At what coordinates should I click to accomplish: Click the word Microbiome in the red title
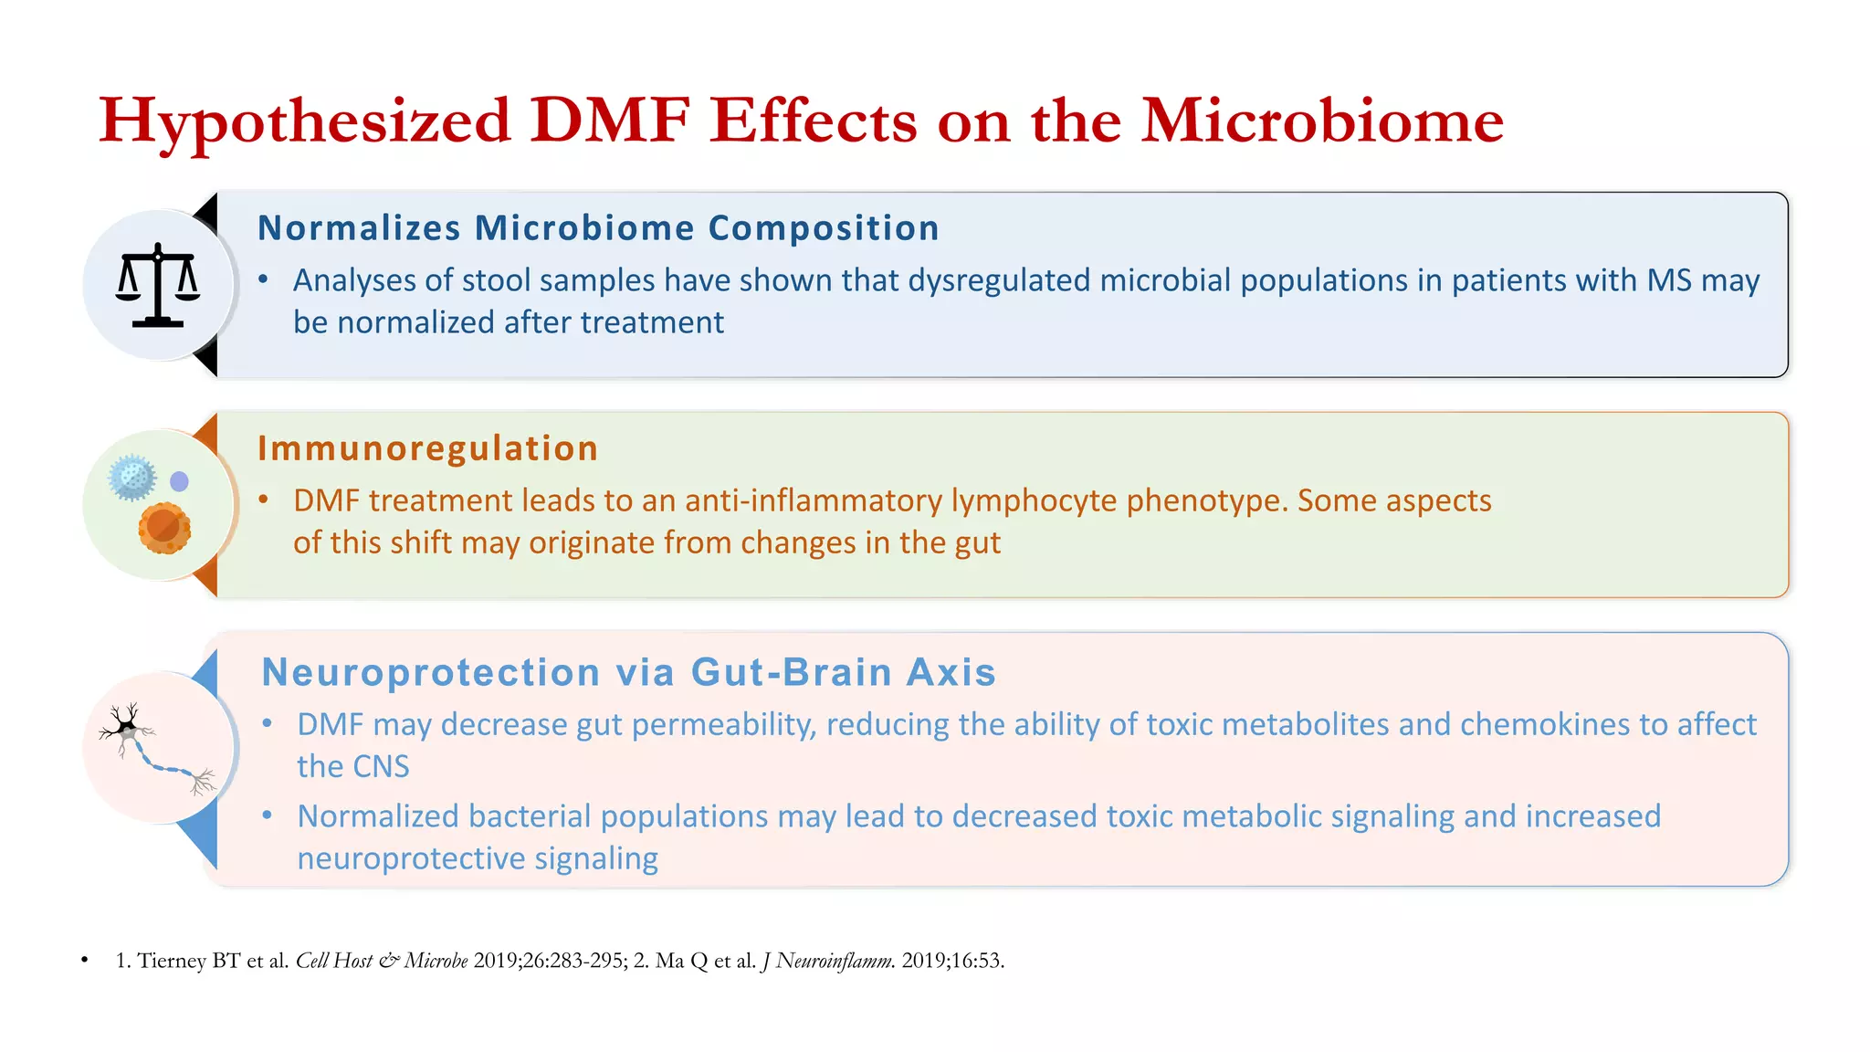coord(1322,121)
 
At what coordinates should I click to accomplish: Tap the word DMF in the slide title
coord(609,121)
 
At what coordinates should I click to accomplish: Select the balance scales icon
coord(158,285)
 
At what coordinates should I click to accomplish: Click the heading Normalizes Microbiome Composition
coord(598,228)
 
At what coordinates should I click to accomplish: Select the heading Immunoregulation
coord(427,448)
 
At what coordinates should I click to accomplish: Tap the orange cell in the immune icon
coord(164,528)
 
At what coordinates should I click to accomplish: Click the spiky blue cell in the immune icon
coord(132,477)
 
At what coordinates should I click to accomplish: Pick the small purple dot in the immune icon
coord(180,481)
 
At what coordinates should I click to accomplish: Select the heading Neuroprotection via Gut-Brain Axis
coord(628,672)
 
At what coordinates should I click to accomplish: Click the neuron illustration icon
coord(158,747)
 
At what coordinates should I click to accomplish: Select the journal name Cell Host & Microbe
coord(382,961)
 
